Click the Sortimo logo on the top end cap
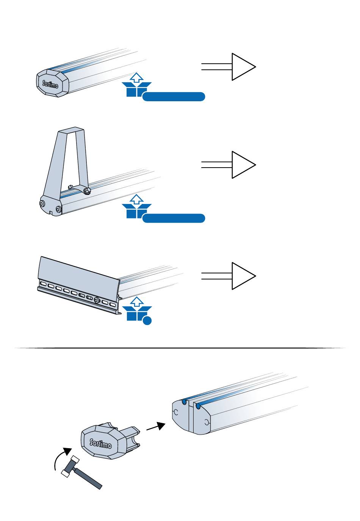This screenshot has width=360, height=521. click(x=50, y=85)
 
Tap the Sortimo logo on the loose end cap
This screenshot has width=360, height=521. click(x=100, y=443)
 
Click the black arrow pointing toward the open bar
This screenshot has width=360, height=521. click(x=156, y=426)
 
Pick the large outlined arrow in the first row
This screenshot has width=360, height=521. click(x=229, y=67)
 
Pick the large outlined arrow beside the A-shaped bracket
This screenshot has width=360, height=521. click(x=229, y=165)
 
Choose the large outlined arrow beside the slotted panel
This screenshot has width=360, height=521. click(x=229, y=276)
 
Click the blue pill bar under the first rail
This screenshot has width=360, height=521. click(x=174, y=97)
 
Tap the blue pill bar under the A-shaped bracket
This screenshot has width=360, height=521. click(x=174, y=218)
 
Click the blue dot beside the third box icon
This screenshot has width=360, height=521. click(x=147, y=320)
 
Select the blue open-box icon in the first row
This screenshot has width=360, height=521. click(x=137, y=85)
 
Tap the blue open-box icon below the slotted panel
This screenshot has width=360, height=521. click(x=137, y=309)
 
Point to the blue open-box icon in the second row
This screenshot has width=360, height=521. click(x=137, y=206)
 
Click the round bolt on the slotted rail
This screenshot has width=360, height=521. click(x=97, y=301)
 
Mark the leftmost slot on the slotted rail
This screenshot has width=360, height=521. click(x=44, y=284)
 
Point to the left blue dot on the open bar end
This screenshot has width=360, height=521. click(x=184, y=402)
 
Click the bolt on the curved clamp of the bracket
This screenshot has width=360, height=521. click(x=87, y=190)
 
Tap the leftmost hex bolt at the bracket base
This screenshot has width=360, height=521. click(x=42, y=204)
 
